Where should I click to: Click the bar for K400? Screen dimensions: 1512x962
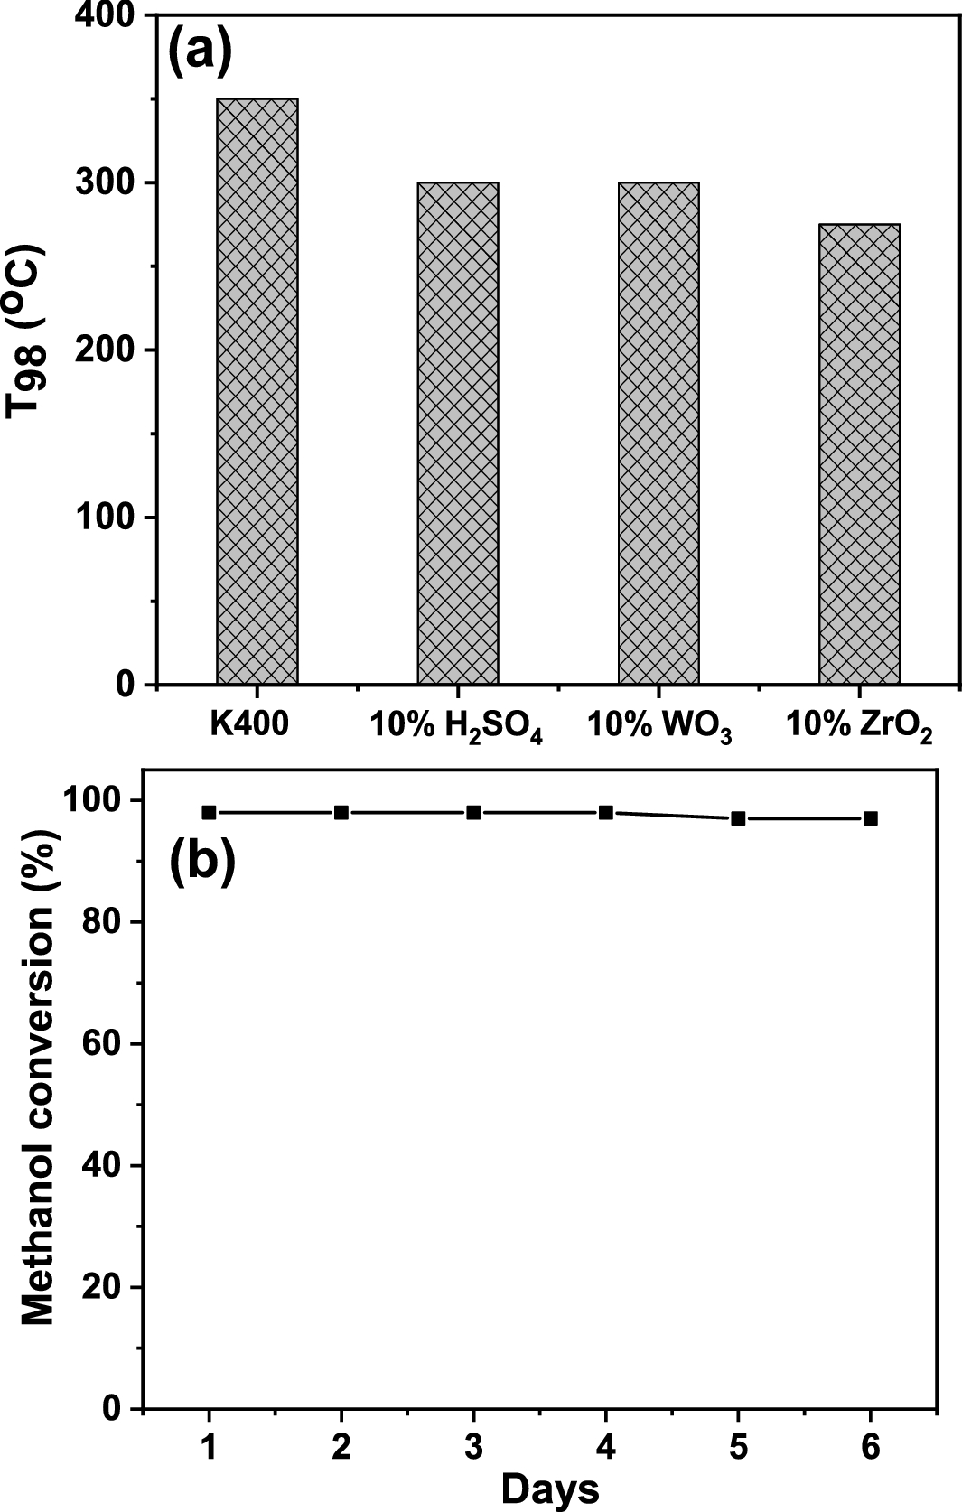point(257,391)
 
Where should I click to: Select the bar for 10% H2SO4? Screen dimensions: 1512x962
point(458,434)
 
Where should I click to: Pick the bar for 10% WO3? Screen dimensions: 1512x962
point(658,434)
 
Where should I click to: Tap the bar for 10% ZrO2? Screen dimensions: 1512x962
point(859,453)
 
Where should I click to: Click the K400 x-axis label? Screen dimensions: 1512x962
point(250,723)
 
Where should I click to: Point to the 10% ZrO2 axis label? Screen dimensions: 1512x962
point(858,725)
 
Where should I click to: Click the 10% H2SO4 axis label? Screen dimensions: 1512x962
point(457,725)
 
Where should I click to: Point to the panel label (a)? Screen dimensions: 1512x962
point(201,51)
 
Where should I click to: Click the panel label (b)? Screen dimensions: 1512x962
point(202,859)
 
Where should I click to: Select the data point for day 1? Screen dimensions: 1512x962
point(210,812)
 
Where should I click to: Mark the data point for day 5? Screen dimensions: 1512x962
point(739,818)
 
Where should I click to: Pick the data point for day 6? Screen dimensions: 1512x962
point(871,818)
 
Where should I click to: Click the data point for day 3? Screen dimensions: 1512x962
point(474,812)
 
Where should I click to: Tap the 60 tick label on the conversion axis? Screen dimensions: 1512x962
point(102,1043)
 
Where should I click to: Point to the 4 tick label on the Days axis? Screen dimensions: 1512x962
point(606,1447)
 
